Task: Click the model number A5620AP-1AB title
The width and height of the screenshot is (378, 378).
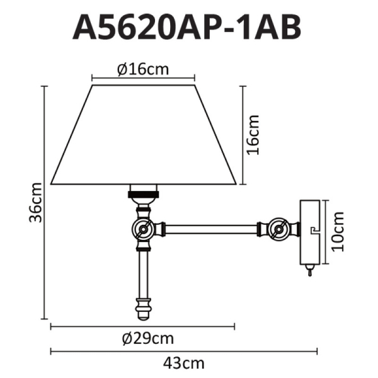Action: pyautogui.click(x=187, y=28)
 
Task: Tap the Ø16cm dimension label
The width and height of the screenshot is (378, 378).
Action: pyautogui.click(x=143, y=69)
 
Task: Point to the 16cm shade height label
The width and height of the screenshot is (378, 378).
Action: pyautogui.click(x=253, y=134)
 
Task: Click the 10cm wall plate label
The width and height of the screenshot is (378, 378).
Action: pyautogui.click(x=338, y=231)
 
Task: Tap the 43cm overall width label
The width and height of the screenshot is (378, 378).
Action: pyautogui.click(x=185, y=364)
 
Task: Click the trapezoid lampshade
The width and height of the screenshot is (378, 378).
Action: pyautogui.click(x=144, y=135)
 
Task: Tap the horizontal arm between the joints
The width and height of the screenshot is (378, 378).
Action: pyautogui.click(x=211, y=229)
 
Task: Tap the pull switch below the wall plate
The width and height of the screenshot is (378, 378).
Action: pyautogui.click(x=309, y=272)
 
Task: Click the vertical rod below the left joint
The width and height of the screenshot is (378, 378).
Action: pyautogui.click(x=143, y=271)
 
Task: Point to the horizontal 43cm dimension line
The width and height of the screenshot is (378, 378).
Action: pyautogui.click(x=185, y=352)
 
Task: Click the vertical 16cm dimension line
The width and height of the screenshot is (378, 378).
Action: pyautogui.click(x=243, y=134)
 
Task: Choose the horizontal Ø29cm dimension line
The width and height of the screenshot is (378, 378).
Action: pyautogui.click(x=142, y=326)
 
